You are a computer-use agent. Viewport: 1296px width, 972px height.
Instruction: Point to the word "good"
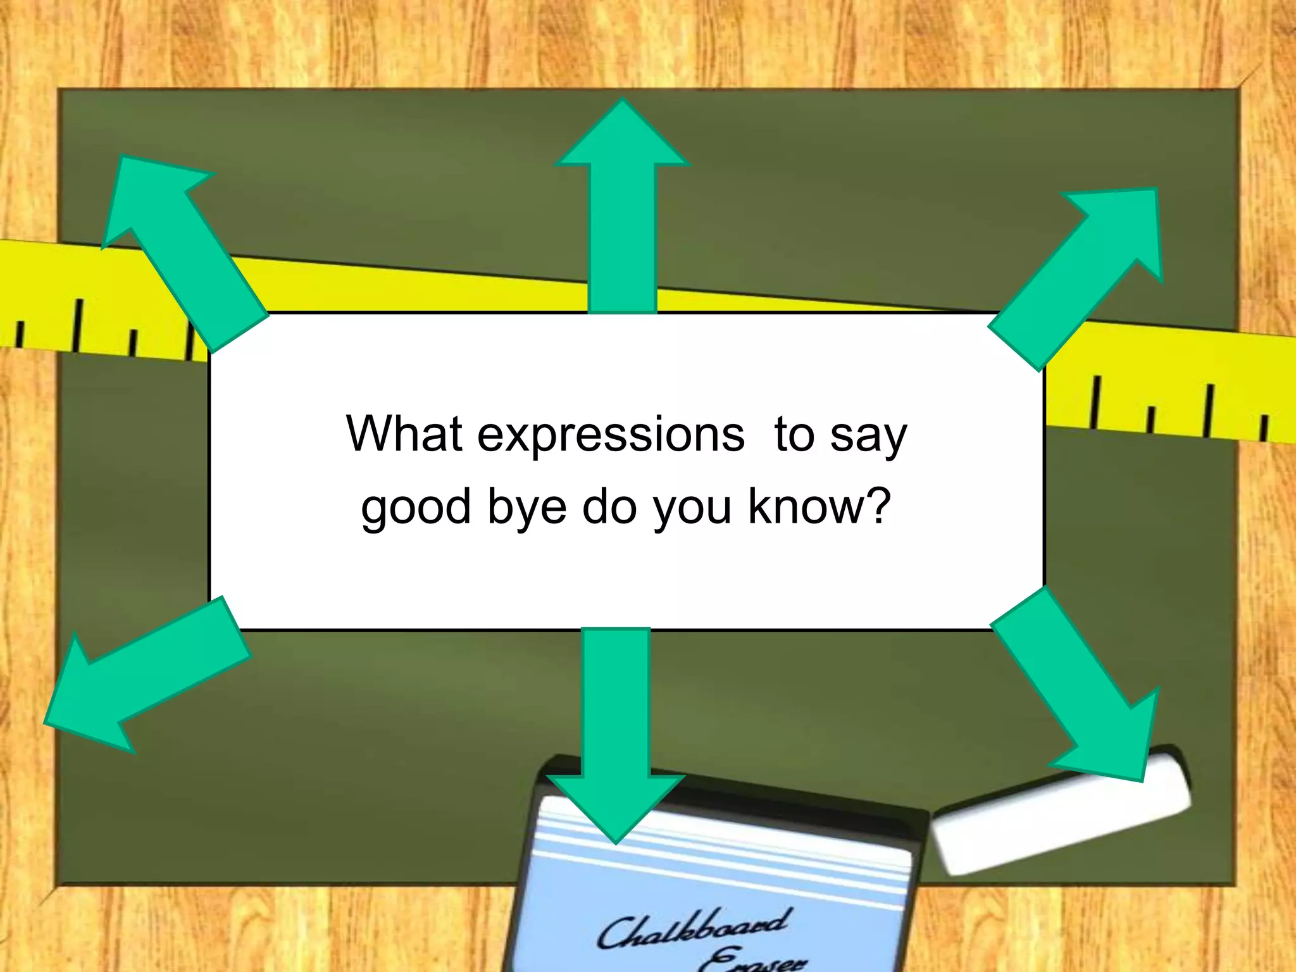click(416, 508)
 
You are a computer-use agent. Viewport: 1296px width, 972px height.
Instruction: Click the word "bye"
click(526, 508)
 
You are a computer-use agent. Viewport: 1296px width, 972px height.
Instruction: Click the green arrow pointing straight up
click(623, 209)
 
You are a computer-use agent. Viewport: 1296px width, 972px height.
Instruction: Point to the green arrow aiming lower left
click(146, 677)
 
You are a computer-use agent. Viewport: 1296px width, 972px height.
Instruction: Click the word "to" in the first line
click(794, 435)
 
